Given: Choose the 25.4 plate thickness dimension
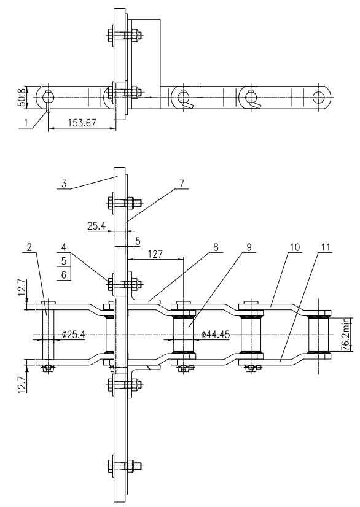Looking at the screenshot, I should [96, 226].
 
